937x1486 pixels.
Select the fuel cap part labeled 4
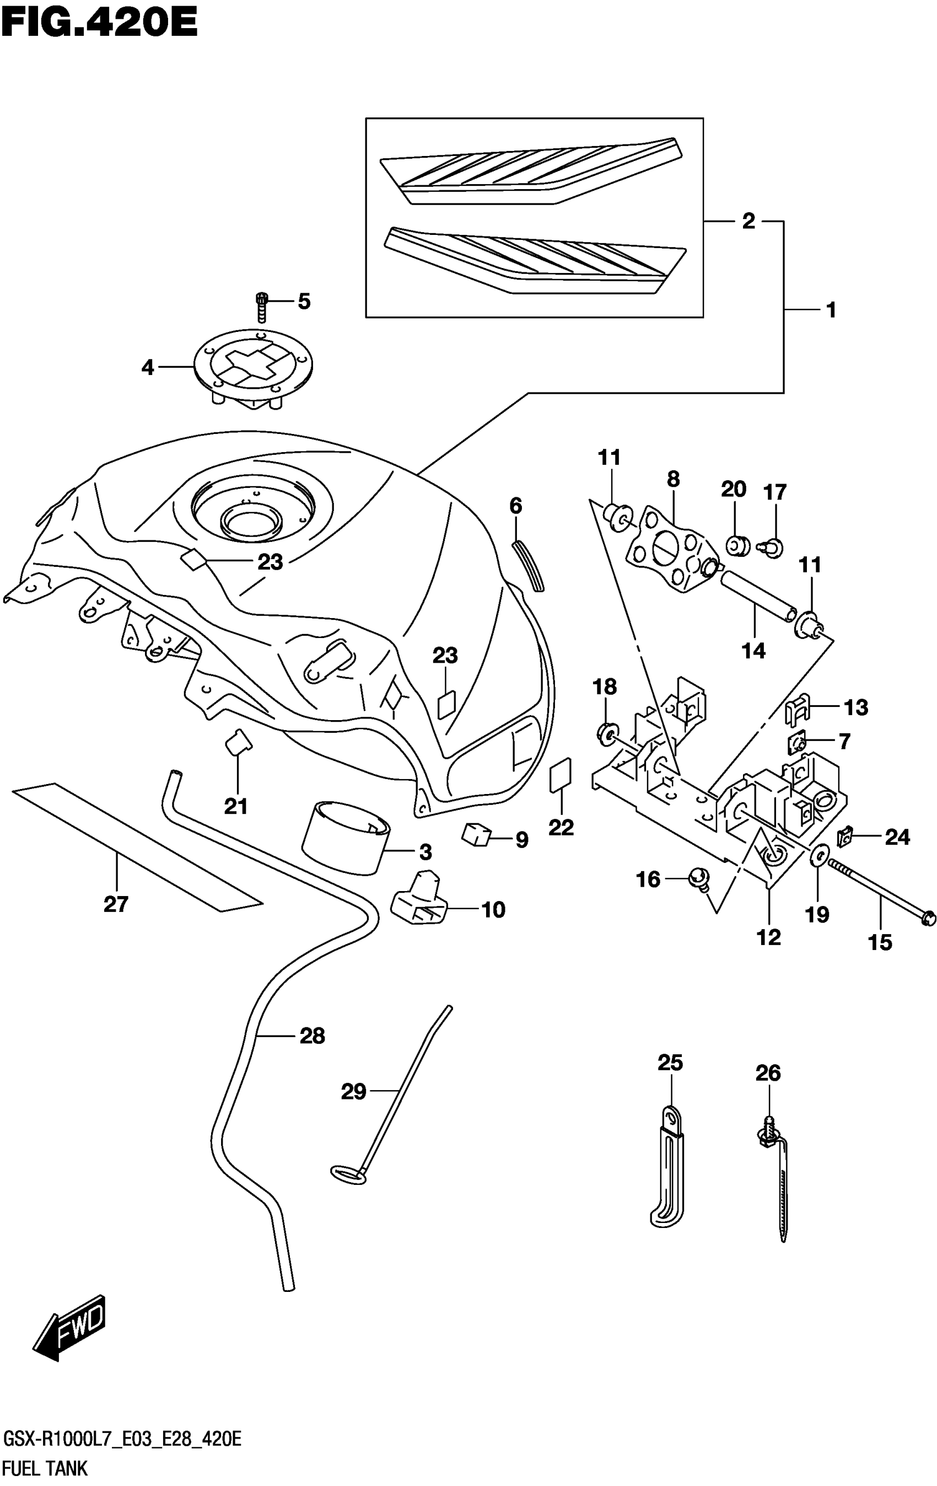[x=254, y=371]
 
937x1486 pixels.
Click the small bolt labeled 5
[x=262, y=306]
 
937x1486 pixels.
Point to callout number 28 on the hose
[x=312, y=1035]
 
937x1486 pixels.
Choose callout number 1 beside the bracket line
[x=830, y=309]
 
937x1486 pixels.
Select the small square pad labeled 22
[x=560, y=775]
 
